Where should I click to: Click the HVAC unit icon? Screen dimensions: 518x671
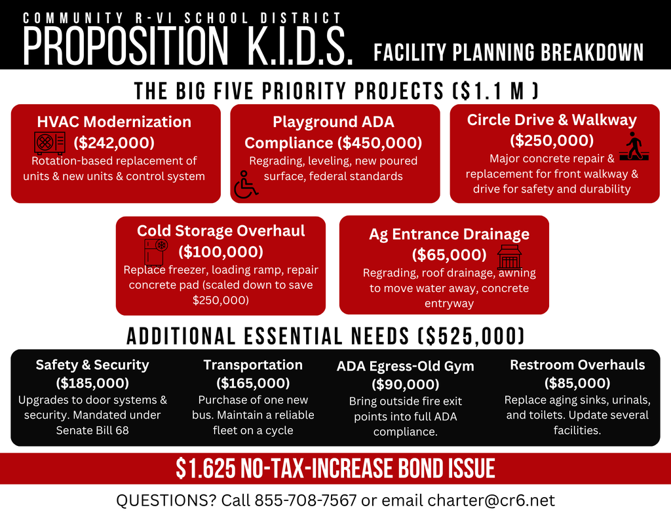coord(49,143)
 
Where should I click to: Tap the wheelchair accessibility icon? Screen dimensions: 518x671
coord(246,184)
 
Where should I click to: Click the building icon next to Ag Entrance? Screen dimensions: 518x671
coord(509,257)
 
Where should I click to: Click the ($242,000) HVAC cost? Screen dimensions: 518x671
coord(114,142)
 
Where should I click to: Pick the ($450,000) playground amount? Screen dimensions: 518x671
coord(379,143)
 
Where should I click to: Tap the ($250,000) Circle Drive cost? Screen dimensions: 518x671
coord(552,140)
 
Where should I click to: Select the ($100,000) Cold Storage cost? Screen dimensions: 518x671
coord(221,251)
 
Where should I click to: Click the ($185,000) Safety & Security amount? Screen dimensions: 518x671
coord(92,382)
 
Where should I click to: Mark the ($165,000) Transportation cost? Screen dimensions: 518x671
coord(253,382)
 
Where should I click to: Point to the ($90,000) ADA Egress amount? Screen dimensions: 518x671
coord(405,384)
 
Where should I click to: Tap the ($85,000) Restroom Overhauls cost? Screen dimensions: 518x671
coord(577,382)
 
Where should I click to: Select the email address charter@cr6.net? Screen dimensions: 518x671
coord(491,501)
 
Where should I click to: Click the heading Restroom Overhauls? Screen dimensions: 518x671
coord(577,365)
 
